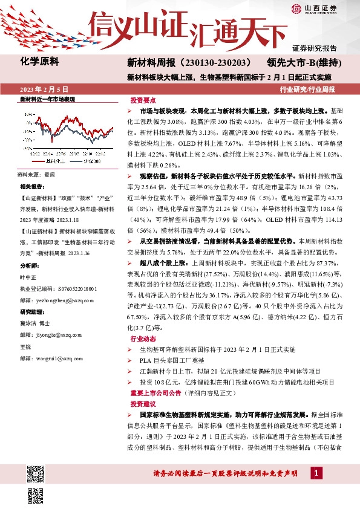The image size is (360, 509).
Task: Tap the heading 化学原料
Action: tap(39, 61)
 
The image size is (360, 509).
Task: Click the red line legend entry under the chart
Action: tap(48, 162)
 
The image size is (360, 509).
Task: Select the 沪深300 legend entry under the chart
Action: tap(87, 162)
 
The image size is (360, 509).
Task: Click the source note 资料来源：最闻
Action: tap(36, 174)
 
